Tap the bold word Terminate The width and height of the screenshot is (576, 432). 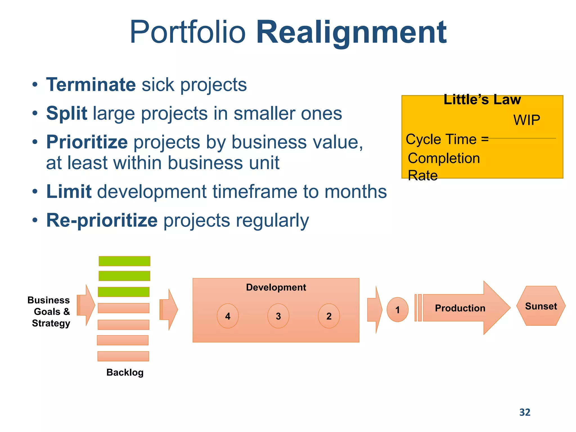point(91,85)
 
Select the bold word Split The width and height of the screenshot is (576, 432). point(67,113)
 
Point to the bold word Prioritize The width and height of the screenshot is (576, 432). point(87,142)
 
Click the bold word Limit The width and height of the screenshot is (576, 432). point(69,192)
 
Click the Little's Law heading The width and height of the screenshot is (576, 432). point(482,100)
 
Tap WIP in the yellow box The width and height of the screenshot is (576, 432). point(526,120)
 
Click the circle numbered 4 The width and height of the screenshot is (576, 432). point(228,316)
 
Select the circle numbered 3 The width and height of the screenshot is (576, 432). point(278,316)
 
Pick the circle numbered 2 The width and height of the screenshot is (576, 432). point(329,316)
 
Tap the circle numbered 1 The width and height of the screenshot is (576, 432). point(397,310)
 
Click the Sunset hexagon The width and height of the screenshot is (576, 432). point(541,306)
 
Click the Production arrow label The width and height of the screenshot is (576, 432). point(460,308)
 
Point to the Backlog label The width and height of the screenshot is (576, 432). point(125,372)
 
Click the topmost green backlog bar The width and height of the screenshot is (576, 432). point(124,261)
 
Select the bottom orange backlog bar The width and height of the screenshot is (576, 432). point(123,356)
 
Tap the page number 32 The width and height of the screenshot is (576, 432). point(525,412)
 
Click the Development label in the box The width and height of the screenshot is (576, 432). point(276,287)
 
